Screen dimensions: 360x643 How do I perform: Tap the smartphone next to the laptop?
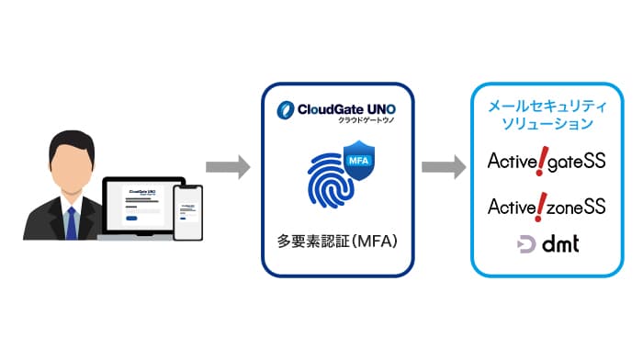(x=187, y=209)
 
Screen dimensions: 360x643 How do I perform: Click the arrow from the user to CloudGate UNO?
(x=227, y=167)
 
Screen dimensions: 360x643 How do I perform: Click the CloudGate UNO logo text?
(x=337, y=110)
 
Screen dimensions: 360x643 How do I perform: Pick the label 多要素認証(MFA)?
(x=337, y=243)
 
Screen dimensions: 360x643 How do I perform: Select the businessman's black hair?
(x=69, y=141)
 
